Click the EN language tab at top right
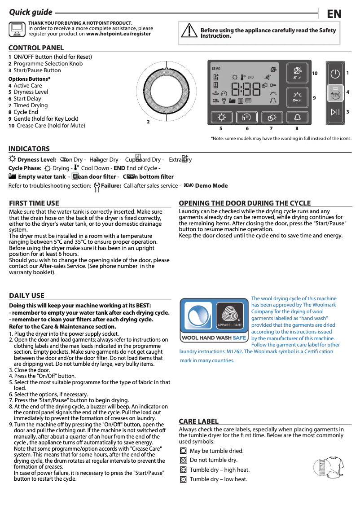(x=334, y=14)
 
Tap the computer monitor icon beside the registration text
(x=17, y=29)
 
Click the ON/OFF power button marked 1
(x=335, y=74)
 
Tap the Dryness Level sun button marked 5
(x=222, y=117)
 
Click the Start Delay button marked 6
(x=246, y=117)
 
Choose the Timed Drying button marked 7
(x=272, y=117)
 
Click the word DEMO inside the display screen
(x=216, y=69)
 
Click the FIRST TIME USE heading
(x=34, y=203)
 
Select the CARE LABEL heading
(x=198, y=421)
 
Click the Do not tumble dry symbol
(x=183, y=460)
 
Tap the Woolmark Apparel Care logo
(x=230, y=316)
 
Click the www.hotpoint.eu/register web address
(x=119, y=34)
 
